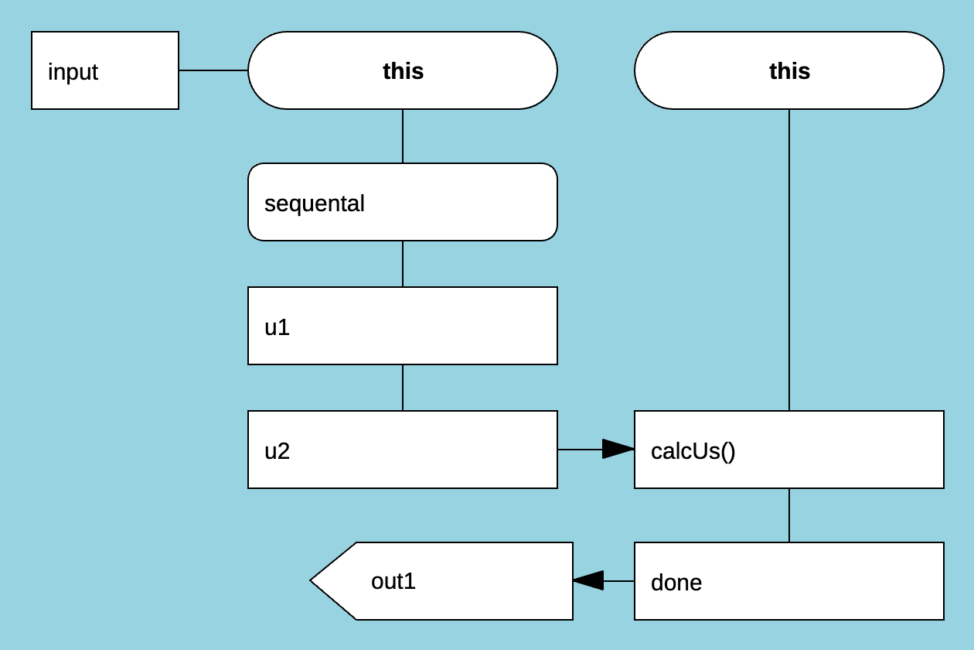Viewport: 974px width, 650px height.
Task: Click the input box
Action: point(105,70)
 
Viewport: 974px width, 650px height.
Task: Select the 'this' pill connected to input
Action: point(402,70)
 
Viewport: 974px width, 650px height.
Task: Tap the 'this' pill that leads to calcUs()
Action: point(788,70)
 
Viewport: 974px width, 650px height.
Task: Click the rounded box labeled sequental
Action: point(402,202)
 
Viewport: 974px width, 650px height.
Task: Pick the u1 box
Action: point(402,326)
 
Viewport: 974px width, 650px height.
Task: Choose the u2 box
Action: point(402,450)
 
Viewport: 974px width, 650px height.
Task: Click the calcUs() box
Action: point(788,450)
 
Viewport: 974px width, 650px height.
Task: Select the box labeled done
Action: point(788,581)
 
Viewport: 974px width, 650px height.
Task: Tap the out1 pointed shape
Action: point(448,581)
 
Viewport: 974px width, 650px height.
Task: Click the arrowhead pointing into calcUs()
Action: point(618,450)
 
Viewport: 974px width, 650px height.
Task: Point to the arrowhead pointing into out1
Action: point(588,581)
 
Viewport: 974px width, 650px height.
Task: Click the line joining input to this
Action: point(213,70)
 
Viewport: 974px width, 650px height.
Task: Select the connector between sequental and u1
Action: point(403,264)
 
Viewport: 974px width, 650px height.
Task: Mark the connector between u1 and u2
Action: point(403,388)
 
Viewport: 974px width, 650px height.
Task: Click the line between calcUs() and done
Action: point(789,515)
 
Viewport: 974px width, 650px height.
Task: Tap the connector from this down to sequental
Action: point(403,136)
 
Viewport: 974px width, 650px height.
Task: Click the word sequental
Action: point(315,204)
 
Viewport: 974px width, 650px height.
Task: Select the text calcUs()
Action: point(693,451)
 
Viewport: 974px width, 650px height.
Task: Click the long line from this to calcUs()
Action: point(789,260)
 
